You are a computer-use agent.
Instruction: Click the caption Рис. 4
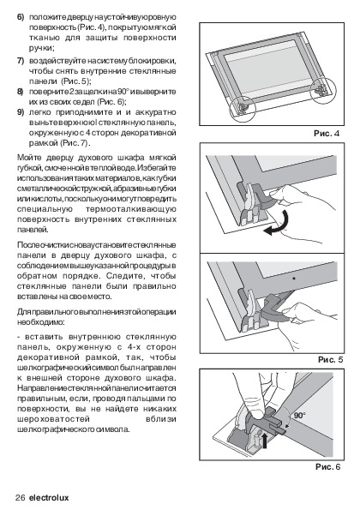click(x=327, y=134)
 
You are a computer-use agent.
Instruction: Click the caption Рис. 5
click(x=330, y=360)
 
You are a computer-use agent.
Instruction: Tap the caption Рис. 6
click(x=328, y=467)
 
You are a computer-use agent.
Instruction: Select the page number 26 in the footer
click(x=21, y=498)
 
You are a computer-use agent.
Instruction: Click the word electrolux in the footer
click(x=49, y=498)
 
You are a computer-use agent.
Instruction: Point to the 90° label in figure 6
click(x=299, y=416)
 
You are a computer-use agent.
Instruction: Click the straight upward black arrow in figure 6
click(x=265, y=440)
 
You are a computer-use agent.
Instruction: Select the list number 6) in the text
click(x=21, y=17)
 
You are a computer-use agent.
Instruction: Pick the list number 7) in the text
click(x=21, y=61)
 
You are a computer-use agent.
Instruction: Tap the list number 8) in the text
click(x=21, y=92)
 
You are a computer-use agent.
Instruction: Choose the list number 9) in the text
click(x=21, y=112)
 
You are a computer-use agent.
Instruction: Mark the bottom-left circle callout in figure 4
click(x=230, y=109)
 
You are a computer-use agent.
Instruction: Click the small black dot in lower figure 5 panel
click(x=294, y=279)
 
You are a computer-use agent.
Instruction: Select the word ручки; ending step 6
click(x=42, y=48)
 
